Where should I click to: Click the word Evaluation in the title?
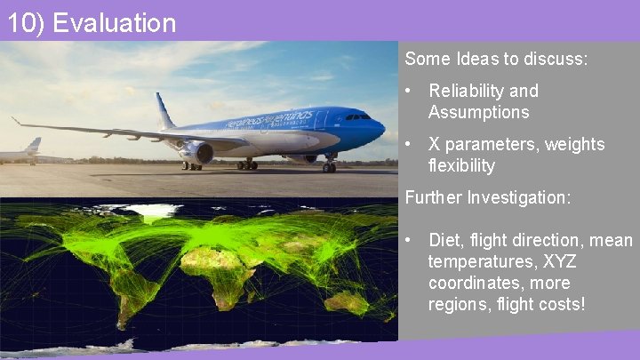click(x=115, y=22)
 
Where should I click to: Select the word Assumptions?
click(x=478, y=113)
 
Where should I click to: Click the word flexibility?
click(x=461, y=166)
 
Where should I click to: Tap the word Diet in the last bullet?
click(x=444, y=240)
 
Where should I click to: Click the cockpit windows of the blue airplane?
click(x=358, y=116)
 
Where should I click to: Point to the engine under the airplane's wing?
click(x=196, y=152)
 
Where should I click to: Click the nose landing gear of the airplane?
click(x=329, y=165)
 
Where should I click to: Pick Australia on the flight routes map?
click(x=346, y=302)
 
